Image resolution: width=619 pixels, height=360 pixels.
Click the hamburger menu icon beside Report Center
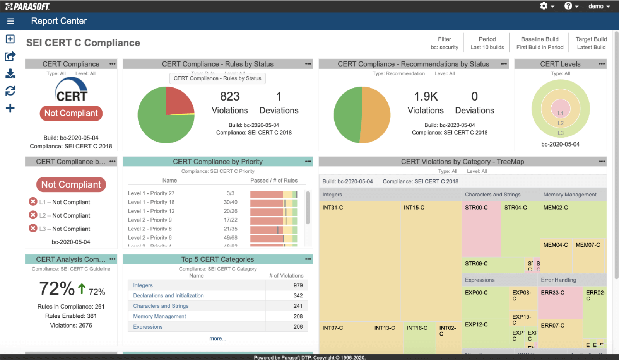coord(10,21)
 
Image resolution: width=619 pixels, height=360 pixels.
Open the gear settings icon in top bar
coord(544,6)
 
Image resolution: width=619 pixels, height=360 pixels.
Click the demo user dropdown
coord(598,6)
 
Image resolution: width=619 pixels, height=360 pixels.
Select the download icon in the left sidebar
coord(10,73)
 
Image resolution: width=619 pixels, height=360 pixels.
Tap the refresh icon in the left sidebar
coord(10,91)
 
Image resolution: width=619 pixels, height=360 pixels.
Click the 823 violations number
coord(230,96)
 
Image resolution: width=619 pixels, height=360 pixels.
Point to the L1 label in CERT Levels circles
coord(561,113)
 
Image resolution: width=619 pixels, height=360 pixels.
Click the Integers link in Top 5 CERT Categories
coord(143,285)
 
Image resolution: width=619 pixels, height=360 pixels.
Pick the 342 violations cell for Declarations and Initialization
coord(298,295)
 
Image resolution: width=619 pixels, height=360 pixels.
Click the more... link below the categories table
coord(218,338)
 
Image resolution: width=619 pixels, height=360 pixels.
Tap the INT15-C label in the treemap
coord(414,208)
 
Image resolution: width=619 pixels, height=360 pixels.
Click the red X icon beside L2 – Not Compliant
coord(33,215)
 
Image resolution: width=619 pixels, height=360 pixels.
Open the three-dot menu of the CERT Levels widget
coord(602,64)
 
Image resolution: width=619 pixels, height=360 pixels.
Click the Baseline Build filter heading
coord(540,39)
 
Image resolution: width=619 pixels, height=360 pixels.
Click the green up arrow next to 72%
coord(82,288)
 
